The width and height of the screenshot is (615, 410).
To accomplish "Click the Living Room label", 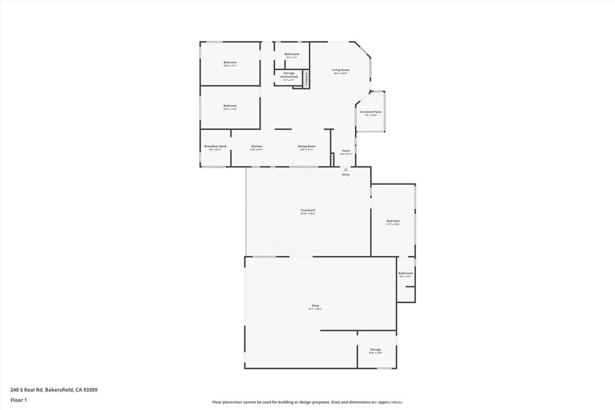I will coord(341,70).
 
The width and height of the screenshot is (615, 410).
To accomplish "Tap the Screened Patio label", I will coord(371,112).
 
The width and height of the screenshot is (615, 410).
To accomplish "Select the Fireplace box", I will coord(306,79).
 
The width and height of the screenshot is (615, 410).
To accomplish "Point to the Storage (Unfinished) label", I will coord(288,75).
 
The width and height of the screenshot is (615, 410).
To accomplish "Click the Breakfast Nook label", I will coord(215,146).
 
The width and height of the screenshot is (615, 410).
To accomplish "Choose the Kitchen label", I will coord(256,146).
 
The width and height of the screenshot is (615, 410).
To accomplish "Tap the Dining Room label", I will coord(307,146).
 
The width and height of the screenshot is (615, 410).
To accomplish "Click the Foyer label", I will coord(346,151).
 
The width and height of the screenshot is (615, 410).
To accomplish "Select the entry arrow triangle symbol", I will coord(345,170).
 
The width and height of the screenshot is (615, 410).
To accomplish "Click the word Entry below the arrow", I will coord(345,175).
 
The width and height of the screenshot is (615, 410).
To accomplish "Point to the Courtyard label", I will coord(307,210).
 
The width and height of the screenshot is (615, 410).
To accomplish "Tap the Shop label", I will coord(315,306).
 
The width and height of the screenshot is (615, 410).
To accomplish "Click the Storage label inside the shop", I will coord(375,349).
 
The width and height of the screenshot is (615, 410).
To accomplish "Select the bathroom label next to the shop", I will coord(405,273).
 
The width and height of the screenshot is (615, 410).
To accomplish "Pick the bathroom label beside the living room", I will coord(292,54).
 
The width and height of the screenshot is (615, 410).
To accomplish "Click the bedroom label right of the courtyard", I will coord(393,221).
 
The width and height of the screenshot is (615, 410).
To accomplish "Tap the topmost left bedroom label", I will coord(230,62).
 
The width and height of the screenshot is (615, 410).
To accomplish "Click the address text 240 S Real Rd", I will coord(54,390).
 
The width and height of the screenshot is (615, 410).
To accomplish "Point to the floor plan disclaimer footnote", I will coord(307,402).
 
